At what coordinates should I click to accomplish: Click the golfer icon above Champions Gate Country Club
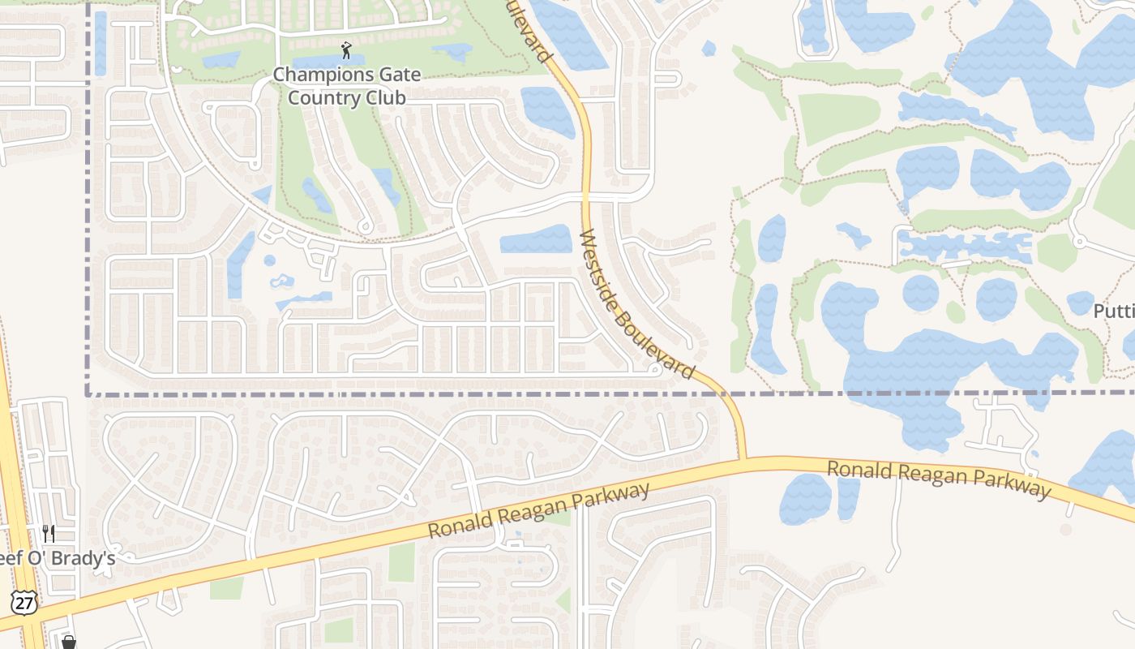click(347, 50)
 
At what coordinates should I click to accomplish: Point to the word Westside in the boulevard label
click(597, 264)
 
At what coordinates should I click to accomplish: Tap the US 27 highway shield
click(24, 602)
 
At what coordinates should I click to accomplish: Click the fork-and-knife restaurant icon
click(49, 533)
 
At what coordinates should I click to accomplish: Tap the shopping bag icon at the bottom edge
click(69, 643)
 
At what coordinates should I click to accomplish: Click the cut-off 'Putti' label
click(1114, 311)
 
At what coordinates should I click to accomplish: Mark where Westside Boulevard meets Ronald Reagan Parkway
click(744, 460)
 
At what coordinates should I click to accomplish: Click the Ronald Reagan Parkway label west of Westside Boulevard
click(539, 510)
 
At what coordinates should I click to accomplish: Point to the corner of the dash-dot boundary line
click(88, 394)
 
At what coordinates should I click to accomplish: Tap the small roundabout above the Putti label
click(1078, 241)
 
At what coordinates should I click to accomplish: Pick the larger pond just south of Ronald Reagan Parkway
click(804, 498)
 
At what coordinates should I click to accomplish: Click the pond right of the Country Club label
click(547, 110)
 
